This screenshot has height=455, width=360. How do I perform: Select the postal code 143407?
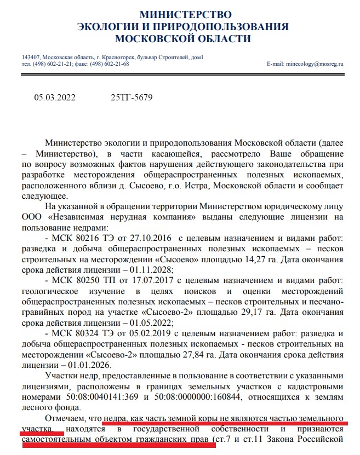[x=30, y=57]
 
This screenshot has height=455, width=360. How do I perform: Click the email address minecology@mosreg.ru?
[x=312, y=64]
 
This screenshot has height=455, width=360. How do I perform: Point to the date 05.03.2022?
[x=55, y=98]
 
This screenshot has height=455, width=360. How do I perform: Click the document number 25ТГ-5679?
[x=132, y=98]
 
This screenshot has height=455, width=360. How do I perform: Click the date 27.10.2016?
[x=149, y=239]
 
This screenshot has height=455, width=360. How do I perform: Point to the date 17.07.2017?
[x=149, y=279]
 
